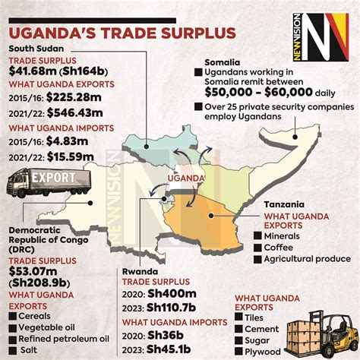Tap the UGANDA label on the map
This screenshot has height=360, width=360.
point(187,178)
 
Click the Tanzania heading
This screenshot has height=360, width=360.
point(284,204)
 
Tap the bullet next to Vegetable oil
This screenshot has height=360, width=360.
point(11,327)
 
